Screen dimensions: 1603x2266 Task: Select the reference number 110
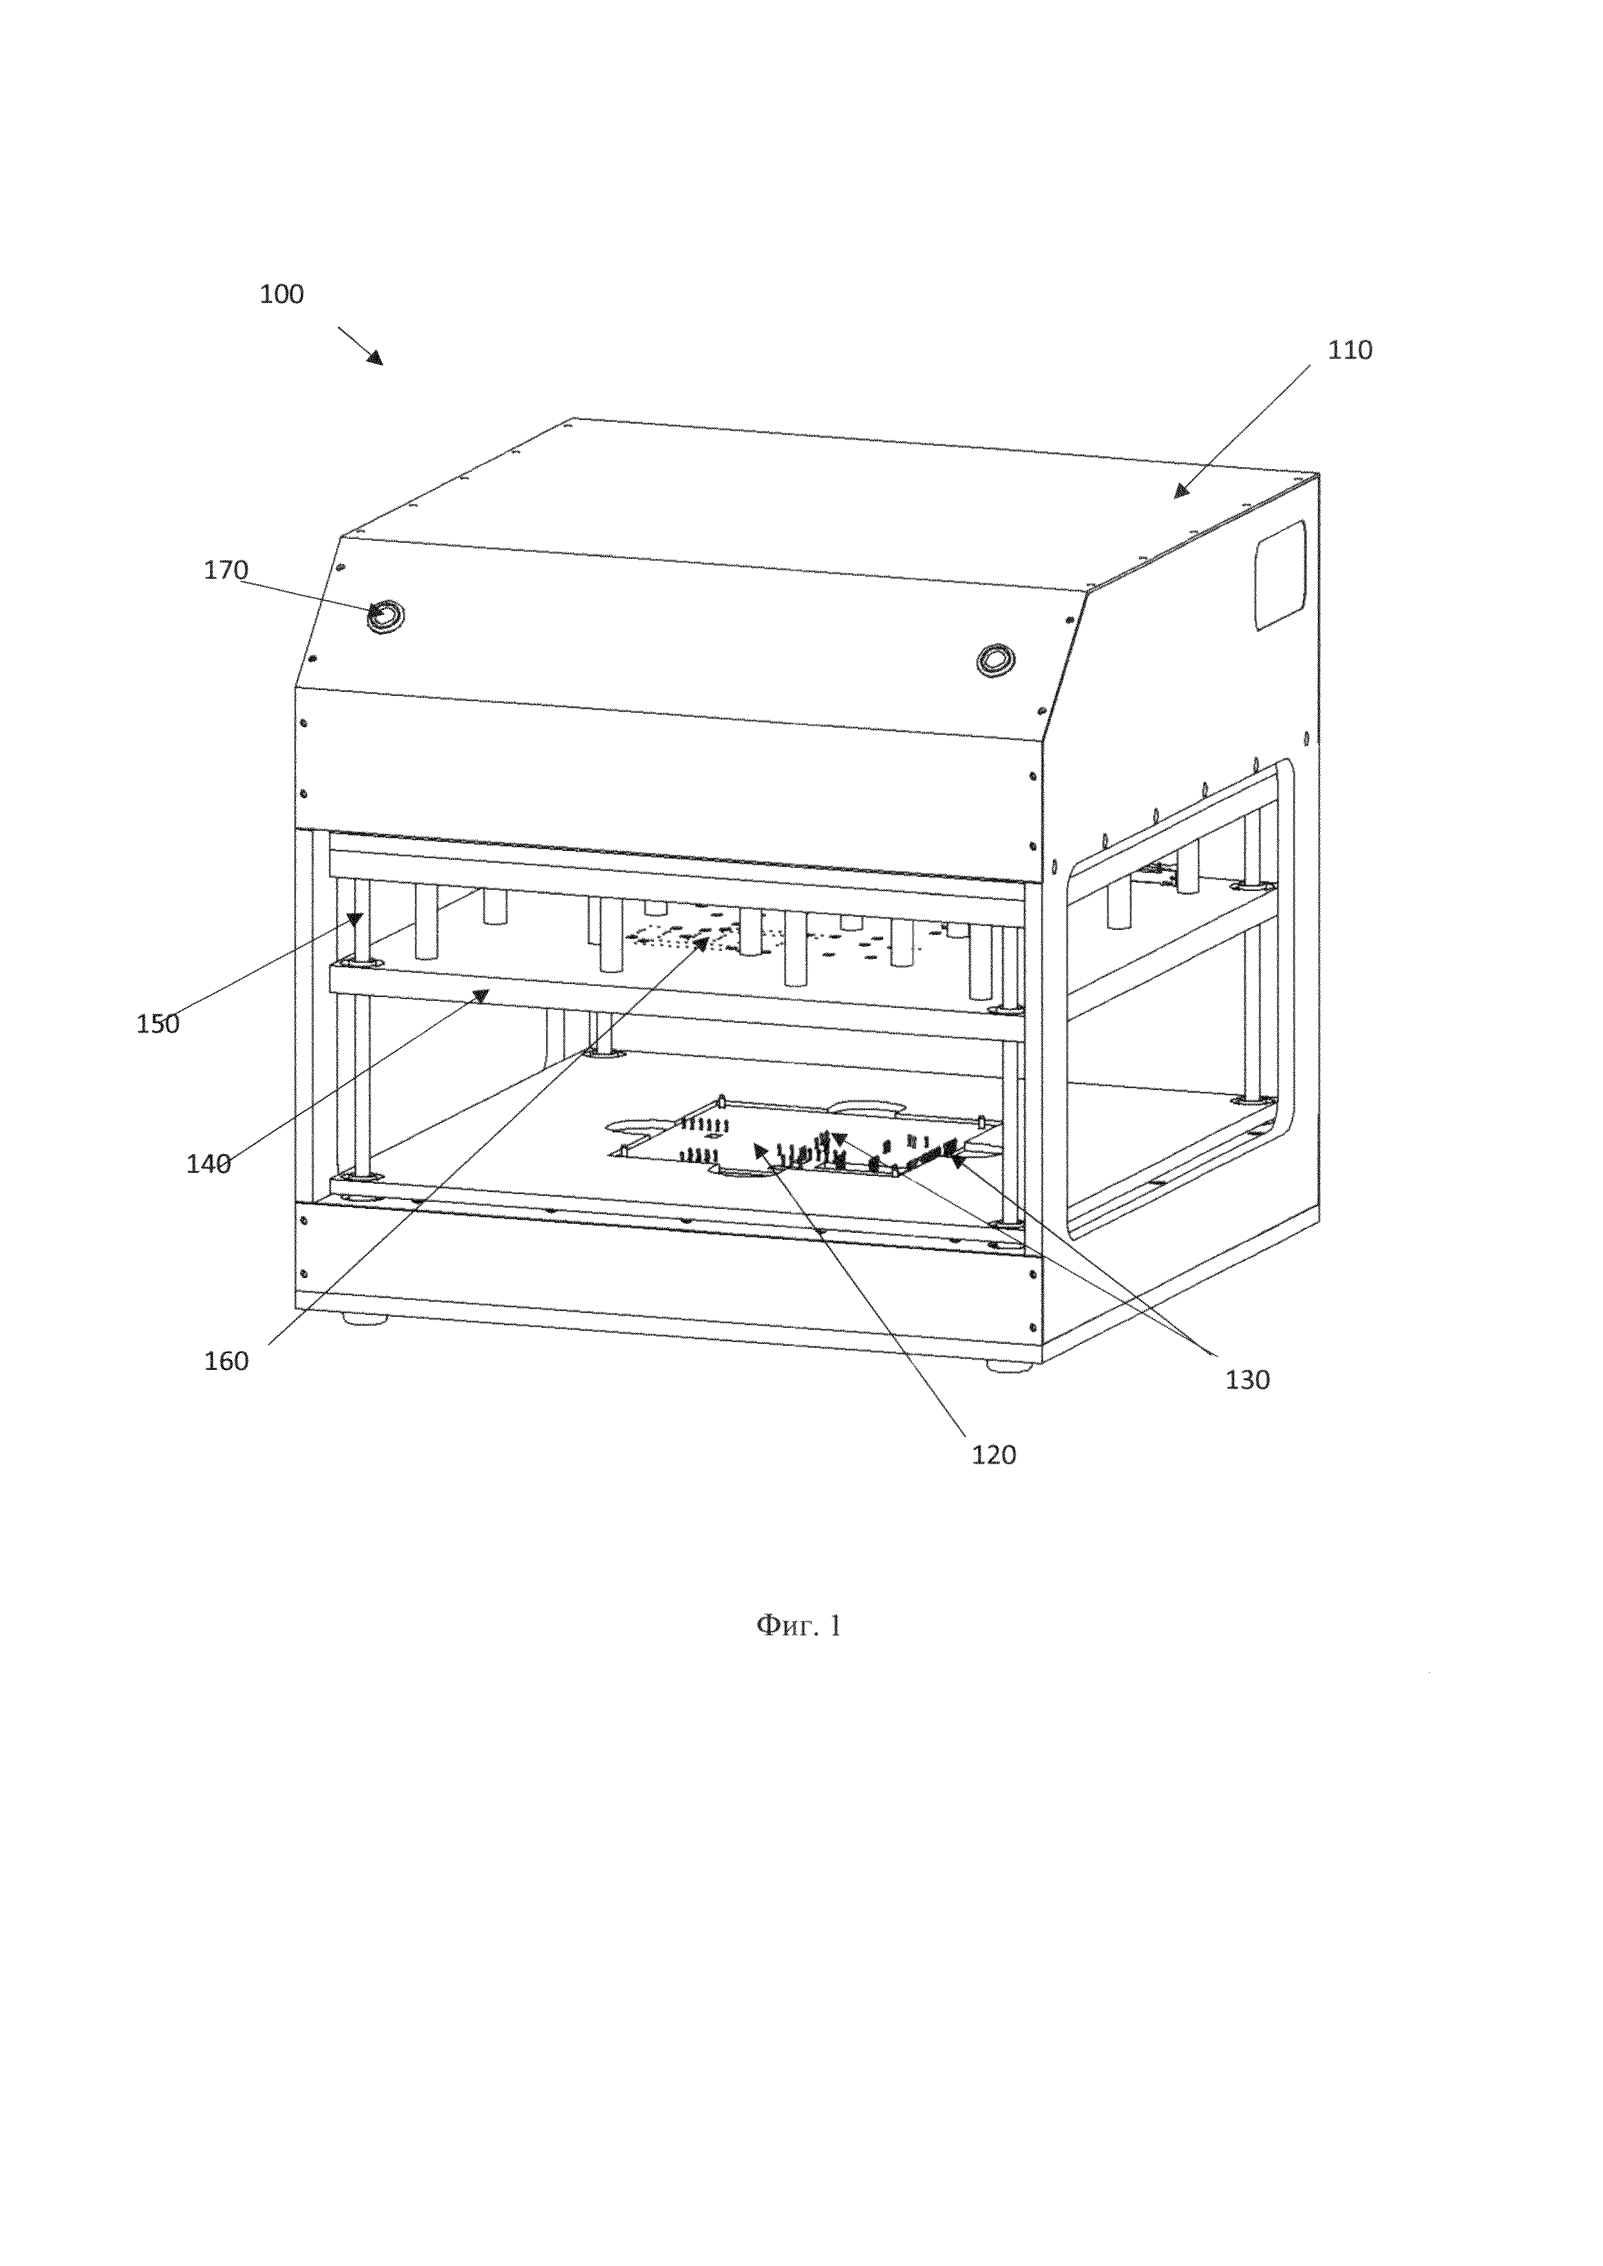[x=1350, y=350]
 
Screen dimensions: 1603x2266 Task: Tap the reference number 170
[x=226, y=571]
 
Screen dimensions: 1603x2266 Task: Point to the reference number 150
[x=158, y=1024]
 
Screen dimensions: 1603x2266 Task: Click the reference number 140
[x=208, y=1164]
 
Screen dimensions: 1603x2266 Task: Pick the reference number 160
[x=226, y=1361]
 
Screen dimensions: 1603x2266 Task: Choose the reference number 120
[x=993, y=1454]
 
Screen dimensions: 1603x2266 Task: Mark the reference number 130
[x=1247, y=1380]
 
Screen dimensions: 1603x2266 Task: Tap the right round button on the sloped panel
[x=995, y=658]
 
